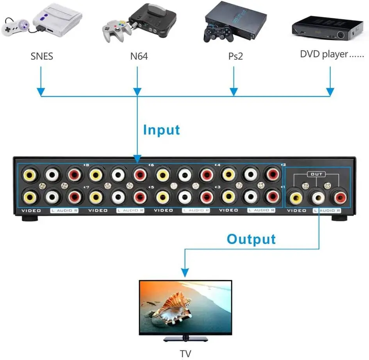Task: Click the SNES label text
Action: coord(42,57)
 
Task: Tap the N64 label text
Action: coord(139,57)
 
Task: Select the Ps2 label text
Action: coord(235,57)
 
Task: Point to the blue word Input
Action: coord(162,130)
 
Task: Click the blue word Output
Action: coord(251,239)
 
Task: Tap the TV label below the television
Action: coord(186,354)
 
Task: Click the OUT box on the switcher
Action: coord(316,174)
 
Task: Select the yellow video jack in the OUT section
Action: coord(296,197)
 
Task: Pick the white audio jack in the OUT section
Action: coord(318,197)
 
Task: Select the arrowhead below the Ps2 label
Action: coord(234,92)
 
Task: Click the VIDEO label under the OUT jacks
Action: coord(296,211)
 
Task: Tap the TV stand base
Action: coord(185,339)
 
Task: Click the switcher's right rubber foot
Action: coord(340,218)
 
